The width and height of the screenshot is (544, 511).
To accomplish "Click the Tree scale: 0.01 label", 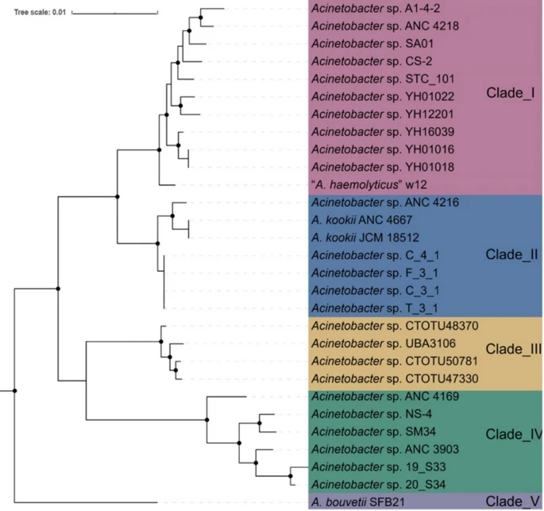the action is click(40, 12).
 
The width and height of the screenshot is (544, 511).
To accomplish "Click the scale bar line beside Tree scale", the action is click(115, 14).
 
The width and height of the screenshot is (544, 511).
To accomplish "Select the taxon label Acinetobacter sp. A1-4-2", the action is click(376, 8).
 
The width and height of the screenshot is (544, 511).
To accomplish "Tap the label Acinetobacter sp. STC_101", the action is click(383, 79).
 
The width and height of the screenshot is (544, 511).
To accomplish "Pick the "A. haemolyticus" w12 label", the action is click(369, 184).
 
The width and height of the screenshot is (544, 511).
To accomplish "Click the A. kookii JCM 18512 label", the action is click(365, 238).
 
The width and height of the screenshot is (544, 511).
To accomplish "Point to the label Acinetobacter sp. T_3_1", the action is click(375, 308).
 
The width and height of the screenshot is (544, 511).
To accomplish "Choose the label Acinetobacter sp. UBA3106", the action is click(384, 343).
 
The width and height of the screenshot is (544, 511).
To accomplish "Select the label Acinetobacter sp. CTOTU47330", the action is click(395, 378).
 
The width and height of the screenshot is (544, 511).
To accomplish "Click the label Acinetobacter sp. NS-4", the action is click(372, 414).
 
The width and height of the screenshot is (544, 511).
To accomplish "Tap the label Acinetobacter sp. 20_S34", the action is click(379, 484).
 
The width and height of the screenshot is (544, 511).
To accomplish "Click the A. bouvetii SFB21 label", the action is click(358, 502).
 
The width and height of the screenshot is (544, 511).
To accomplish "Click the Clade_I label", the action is click(511, 93).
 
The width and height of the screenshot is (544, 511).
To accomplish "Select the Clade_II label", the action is click(511, 255).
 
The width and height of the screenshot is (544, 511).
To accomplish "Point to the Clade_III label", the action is click(514, 349).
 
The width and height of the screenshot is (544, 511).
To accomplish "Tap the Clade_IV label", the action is click(514, 434).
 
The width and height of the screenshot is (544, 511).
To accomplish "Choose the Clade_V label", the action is click(512, 501).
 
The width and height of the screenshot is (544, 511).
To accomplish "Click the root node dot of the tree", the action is click(14, 391).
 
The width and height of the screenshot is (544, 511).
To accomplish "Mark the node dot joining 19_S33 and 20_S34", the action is click(291, 476).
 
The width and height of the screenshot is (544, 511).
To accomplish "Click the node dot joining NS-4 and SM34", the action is click(260, 423).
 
